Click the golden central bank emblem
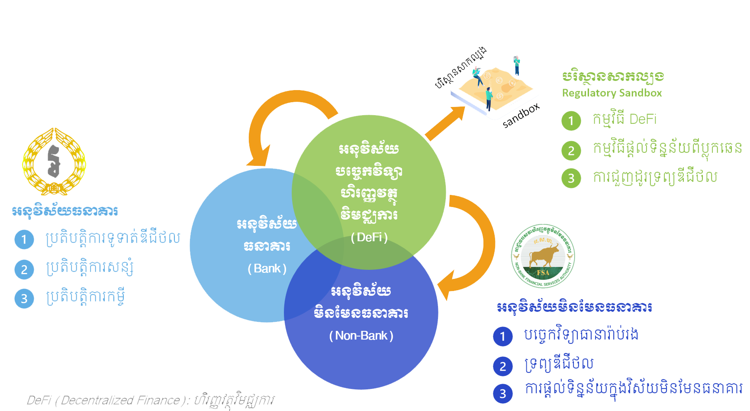tap(54, 162)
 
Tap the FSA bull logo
tap(543, 256)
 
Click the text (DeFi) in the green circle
tap(369, 237)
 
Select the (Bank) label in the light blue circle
tap(267, 269)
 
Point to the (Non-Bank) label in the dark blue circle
tap(361, 336)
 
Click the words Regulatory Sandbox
tap(612, 93)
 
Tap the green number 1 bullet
tap(571, 120)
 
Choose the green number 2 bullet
tap(571, 150)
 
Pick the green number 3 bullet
tap(571, 178)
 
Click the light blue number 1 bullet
tap(24, 239)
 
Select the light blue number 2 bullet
tap(24, 269)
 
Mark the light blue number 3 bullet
tap(24, 298)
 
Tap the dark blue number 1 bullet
tap(502, 336)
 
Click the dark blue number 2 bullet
tap(502, 366)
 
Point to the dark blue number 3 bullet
tap(502, 393)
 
